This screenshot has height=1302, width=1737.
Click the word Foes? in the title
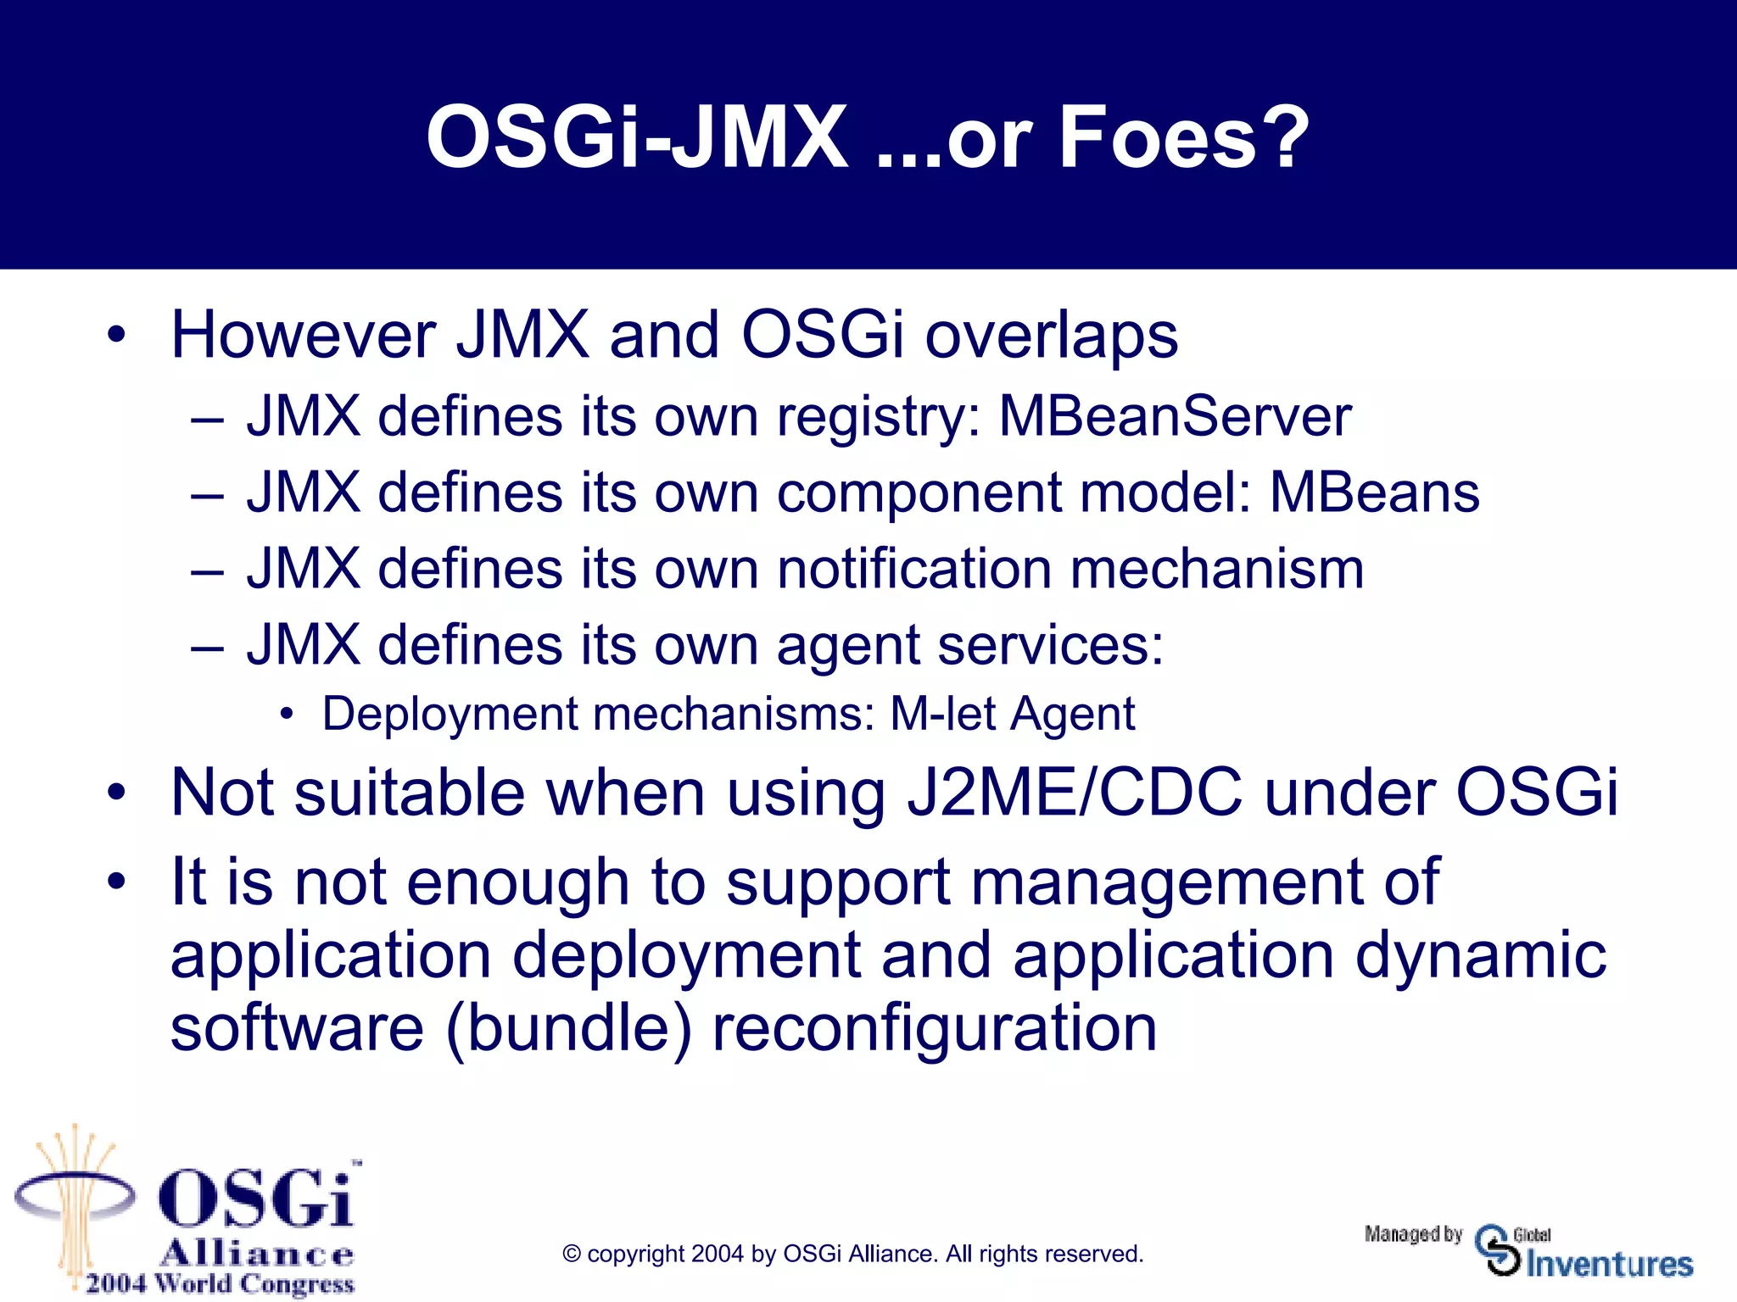[1183, 137]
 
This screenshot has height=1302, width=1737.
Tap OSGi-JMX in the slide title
[636, 137]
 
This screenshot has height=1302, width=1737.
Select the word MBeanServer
[1175, 417]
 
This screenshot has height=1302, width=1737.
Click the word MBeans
[1374, 492]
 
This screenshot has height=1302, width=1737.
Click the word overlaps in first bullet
[1051, 336]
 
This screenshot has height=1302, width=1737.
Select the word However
[304, 336]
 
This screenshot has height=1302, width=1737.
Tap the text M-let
[942, 714]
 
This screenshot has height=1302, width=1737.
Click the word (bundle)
[568, 1029]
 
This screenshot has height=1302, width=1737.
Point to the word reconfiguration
[934, 1029]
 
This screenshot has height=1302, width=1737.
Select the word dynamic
[1480, 956]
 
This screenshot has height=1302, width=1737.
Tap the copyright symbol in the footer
[572, 1255]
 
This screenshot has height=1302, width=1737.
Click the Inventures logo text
[1609, 1264]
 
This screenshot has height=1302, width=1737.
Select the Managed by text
[1413, 1234]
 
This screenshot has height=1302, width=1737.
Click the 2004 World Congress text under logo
[220, 1283]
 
